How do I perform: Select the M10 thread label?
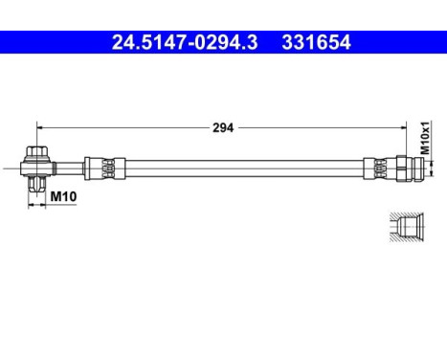tap(63, 197)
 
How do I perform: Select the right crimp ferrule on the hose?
tap(381, 168)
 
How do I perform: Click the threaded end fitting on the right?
tap(408, 168)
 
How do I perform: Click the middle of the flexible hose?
tap(239, 168)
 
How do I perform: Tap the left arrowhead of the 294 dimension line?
tap(40, 126)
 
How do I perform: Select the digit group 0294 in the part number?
tap(182, 42)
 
